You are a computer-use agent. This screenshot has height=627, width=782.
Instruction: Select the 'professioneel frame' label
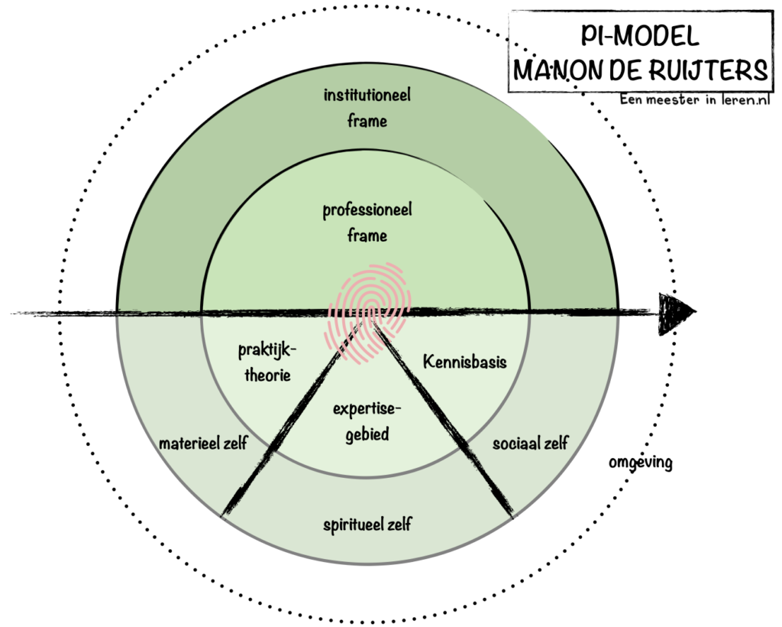pyautogui.click(x=367, y=223)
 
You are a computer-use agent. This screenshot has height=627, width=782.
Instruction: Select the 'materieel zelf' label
pyautogui.click(x=203, y=443)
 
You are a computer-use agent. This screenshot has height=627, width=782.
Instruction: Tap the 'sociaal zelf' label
pyautogui.click(x=530, y=443)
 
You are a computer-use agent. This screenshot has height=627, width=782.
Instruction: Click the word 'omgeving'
pyautogui.click(x=641, y=463)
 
